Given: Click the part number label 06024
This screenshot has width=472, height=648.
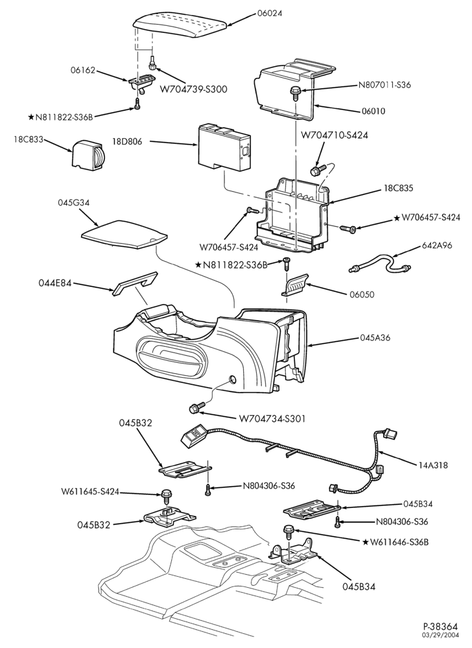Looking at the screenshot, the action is click(270, 13).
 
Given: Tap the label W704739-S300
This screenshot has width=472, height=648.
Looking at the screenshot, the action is click(193, 89).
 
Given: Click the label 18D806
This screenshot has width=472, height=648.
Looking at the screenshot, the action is click(127, 142).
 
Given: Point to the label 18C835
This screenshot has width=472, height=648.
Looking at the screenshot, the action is click(398, 188).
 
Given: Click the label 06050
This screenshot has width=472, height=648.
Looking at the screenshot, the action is click(361, 295).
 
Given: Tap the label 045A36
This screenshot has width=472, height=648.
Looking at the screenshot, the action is click(375, 338).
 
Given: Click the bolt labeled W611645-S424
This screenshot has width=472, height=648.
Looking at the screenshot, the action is click(167, 494).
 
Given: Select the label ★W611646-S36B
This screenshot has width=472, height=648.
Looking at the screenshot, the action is click(395, 542).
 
